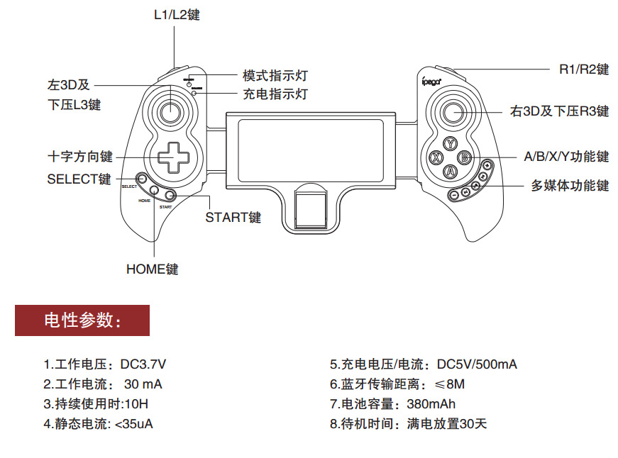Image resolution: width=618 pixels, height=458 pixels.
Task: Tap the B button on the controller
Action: point(464,157)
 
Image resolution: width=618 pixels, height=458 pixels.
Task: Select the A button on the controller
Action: point(449,172)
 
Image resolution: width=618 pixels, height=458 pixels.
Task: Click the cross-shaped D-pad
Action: point(169,157)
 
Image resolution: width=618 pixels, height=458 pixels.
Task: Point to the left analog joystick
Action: point(170,112)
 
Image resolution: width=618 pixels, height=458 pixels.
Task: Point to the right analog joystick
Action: point(453,113)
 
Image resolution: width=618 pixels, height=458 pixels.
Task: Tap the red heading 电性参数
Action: point(82,320)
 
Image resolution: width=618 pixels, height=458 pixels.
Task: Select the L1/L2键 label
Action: point(177,14)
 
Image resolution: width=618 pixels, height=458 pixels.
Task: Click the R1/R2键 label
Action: point(583,69)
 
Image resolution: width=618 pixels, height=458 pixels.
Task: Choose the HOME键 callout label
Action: point(152,269)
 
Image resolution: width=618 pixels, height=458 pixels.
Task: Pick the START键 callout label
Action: point(233,218)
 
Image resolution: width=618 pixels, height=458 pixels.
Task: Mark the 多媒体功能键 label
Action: point(570,186)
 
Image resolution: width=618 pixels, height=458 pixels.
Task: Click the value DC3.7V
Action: point(143,364)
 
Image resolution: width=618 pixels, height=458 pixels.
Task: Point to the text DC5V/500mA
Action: point(477,364)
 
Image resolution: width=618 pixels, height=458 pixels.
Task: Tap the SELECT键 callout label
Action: point(79,179)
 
